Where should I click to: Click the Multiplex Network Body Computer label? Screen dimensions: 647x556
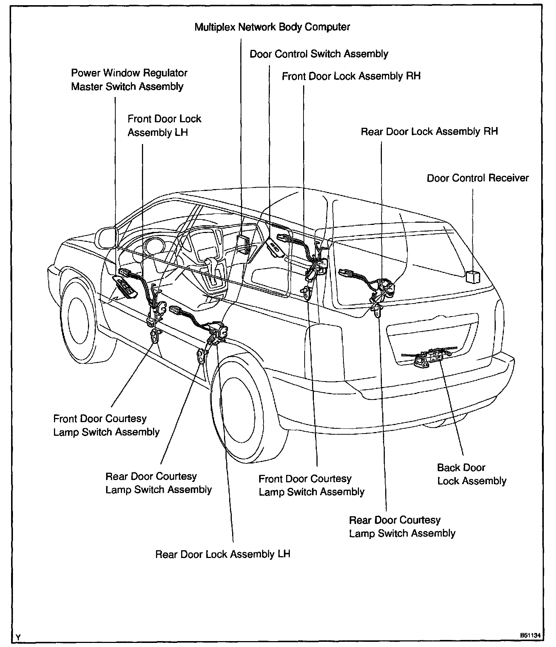click(272, 27)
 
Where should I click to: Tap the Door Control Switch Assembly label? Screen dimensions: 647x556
click(319, 54)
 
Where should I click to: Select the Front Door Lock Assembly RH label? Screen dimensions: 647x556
click(351, 76)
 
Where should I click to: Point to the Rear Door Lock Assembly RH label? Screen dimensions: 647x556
click(429, 131)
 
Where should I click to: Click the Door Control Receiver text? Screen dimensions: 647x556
click(478, 178)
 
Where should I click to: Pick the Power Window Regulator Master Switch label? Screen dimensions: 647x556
click(129, 80)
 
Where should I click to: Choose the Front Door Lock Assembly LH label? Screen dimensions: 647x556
click(164, 126)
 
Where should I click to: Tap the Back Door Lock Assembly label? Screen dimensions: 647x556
click(471, 474)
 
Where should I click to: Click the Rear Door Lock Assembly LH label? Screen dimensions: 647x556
click(223, 554)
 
